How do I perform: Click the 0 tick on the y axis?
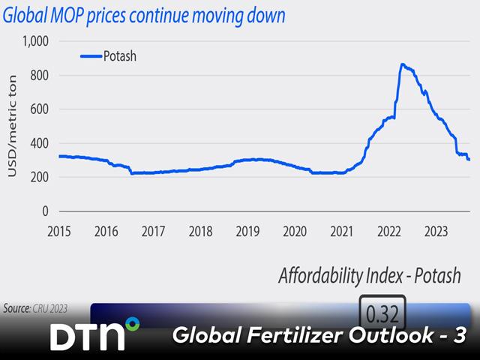45,211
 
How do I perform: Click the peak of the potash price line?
403,64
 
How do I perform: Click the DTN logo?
94,335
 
